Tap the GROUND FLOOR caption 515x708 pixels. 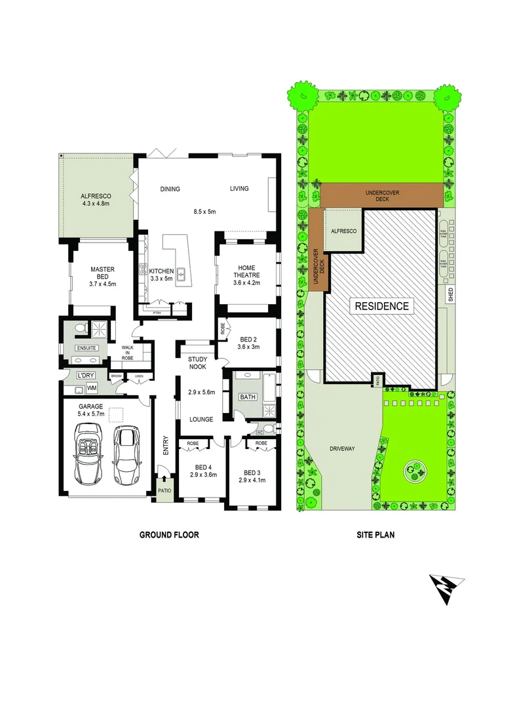(168, 534)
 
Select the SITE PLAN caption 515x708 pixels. (375, 534)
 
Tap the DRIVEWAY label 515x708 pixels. (341, 449)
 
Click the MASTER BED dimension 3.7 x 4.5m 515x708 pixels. (102, 284)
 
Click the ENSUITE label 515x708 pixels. (86, 348)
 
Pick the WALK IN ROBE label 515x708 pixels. (127, 353)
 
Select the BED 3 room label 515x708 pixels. (252, 473)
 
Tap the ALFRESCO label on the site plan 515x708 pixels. (343, 232)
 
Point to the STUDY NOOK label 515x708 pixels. (197, 363)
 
